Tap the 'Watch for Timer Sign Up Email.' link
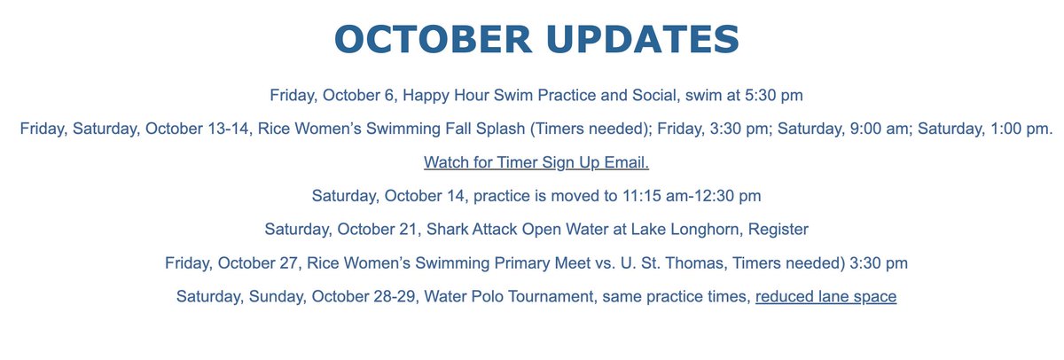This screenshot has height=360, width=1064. pos(537,162)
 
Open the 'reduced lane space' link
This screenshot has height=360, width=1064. pos(825,296)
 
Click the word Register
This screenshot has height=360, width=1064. pos(778,229)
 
